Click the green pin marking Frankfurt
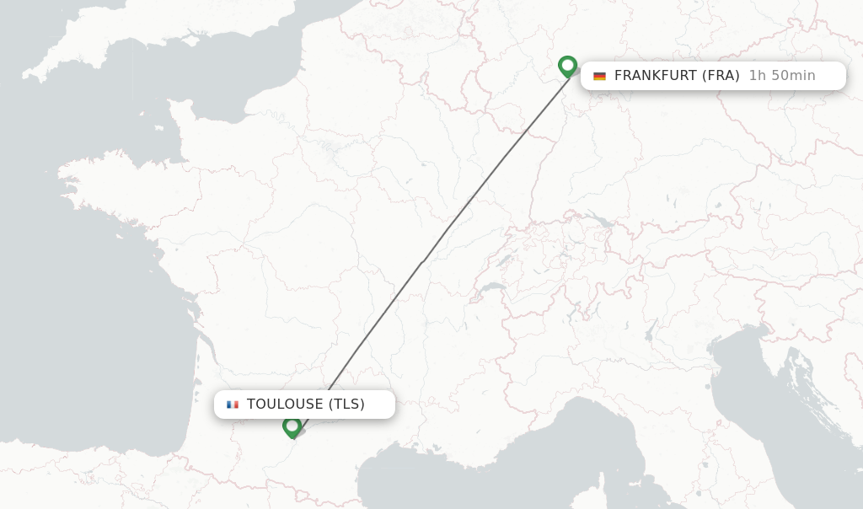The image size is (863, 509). coord(567,66)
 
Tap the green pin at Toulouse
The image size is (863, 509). coord(292,426)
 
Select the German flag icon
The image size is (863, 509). coord(599,76)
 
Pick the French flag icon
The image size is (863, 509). coord(233,405)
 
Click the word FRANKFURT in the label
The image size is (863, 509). coord(653,76)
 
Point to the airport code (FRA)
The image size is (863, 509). coord(721,76)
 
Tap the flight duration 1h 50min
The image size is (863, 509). coord(782,76)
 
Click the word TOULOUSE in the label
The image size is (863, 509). coord(285,405)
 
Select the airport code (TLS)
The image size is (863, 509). coord(346,405)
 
